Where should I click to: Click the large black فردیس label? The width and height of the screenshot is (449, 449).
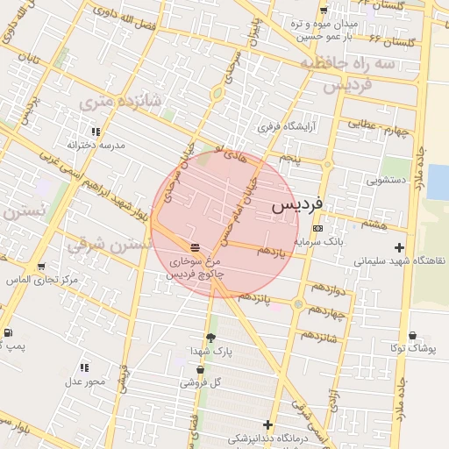(297, 204)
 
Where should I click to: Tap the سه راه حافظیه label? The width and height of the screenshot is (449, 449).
(349, 64)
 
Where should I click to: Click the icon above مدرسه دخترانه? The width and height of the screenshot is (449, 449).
(96, 131)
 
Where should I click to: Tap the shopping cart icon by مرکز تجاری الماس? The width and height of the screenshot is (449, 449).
(41, 267)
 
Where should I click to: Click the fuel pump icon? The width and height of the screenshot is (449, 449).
(8, 332)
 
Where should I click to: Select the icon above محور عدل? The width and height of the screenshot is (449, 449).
(84, 367)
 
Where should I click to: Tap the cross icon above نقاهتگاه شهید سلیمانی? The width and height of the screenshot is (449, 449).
(400, 247)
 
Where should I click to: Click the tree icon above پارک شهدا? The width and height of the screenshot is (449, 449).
(210, 337)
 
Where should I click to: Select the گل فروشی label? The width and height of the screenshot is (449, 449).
(202, 382)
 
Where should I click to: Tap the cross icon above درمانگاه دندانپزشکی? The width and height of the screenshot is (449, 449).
(268, 425)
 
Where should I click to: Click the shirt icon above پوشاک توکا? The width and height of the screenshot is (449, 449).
(413, 335)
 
